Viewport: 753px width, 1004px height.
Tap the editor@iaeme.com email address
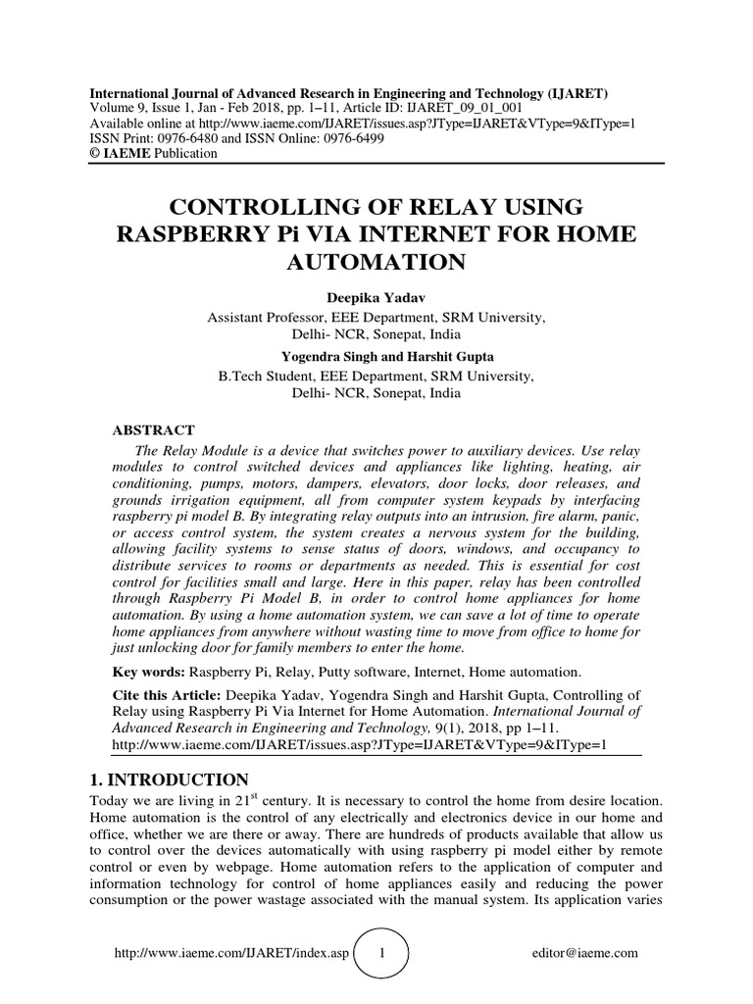584,952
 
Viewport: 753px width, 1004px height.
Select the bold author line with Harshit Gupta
376,357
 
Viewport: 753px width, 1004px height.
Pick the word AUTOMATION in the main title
376,263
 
